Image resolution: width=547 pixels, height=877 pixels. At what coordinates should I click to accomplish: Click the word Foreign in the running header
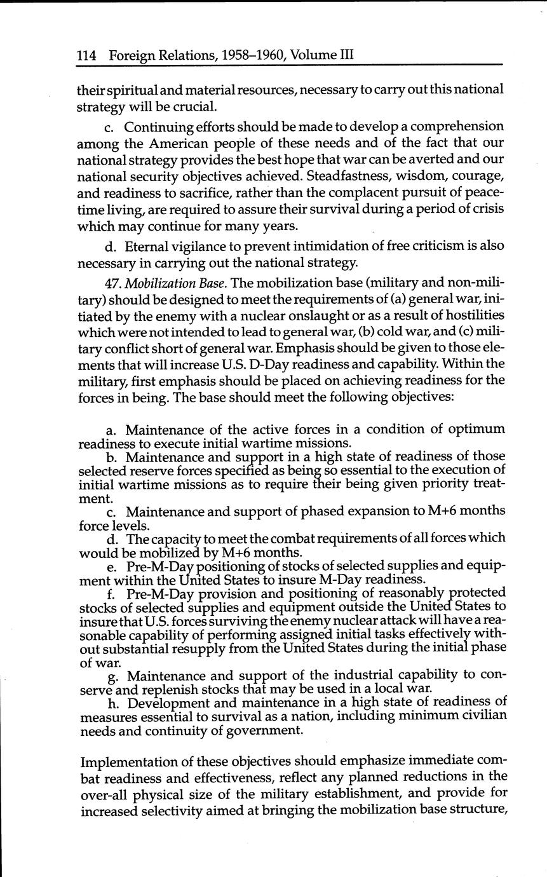tap(133, 56)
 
